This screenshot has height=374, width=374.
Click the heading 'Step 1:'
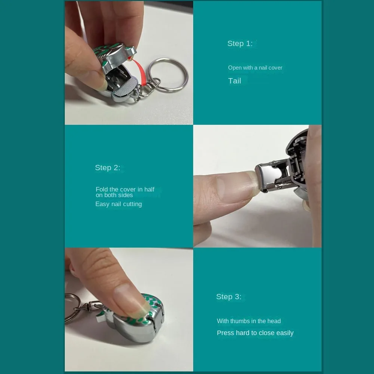pyautogui.click(x=240, y=43)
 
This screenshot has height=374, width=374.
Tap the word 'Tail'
pyautogui.click(x=234, y=81)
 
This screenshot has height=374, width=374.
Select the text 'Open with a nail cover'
pyautogui.click(x=255, y=68)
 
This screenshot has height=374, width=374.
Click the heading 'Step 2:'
pyautogui.click(x=107, y=168)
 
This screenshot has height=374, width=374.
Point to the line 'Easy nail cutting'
pyautogui.click(x=119, y=204)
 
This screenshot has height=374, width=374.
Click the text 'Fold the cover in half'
pyautogui.click(x=125, y=189)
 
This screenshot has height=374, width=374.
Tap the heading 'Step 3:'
pyautogui.click(x=229, y=297)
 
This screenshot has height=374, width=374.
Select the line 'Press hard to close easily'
pyautogui.click(x=255, y=333)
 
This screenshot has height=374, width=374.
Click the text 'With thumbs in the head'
pyautogui.click(x=249, y=321)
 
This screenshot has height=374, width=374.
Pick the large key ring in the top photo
pyautogui.click(x=167, y=74)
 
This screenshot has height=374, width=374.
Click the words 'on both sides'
pyautogui.click(x=114, y=195)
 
